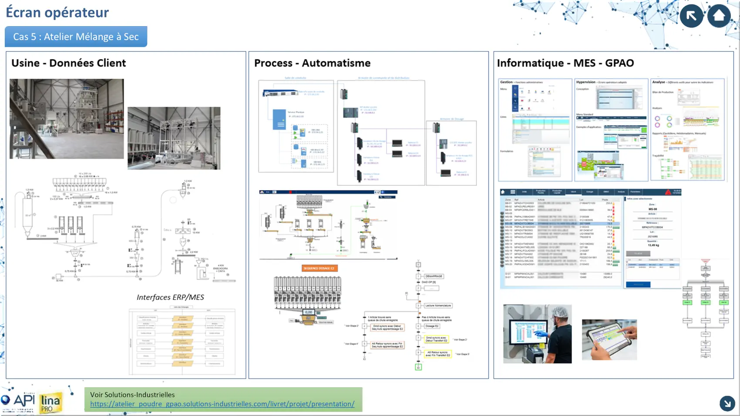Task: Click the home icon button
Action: coord(719,16)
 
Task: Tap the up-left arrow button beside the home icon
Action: coord(691,16)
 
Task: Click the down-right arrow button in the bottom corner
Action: coord(727,403)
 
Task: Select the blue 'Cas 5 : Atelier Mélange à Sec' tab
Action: coord(76,37)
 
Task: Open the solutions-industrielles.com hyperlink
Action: coord(222,404)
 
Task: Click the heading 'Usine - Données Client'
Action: coord(68,63)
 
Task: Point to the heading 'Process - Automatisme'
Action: coord(312,63)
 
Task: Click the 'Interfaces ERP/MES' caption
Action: coord(170,297)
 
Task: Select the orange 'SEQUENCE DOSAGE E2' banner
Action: coord(320,268)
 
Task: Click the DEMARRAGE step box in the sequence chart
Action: coord(434,276)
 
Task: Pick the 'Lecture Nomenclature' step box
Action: coord(438,305)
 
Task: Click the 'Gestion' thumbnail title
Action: coord(506,82)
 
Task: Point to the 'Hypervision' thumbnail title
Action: coord(585,82)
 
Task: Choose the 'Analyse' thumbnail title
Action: coord(658,82)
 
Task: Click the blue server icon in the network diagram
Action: coord(279,120)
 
